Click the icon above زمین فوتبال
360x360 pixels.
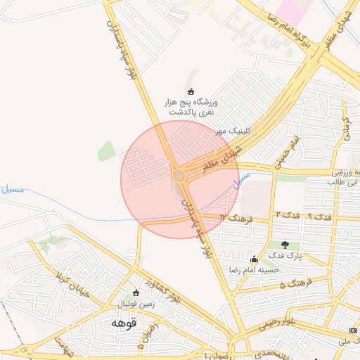click(136, 292)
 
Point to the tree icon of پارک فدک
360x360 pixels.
click(285, 245)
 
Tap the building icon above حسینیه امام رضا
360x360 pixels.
click(253, 258)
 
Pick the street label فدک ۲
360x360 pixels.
click(288, 214)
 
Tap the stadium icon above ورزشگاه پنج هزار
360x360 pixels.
click(191, 91)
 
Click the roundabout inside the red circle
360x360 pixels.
click(179, 176)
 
